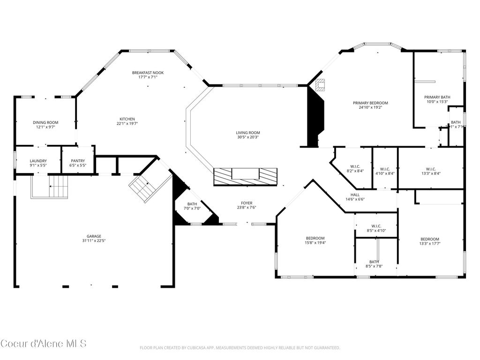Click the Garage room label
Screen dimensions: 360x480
tap(94, 236)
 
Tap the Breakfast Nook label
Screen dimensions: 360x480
tap(148, 73)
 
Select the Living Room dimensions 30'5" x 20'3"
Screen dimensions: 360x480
tap(247, 137)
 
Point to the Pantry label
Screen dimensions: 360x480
tap(78, 161)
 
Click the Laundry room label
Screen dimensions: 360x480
tap(38, 161)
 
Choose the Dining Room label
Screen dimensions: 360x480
tap(45, 122)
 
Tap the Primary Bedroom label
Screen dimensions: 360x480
tap(370, 103)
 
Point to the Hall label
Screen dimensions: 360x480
tap(355, 195)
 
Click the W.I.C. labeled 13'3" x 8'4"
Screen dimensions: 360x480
tap(431, 169)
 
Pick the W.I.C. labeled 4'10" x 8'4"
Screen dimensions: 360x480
tap(385, 169)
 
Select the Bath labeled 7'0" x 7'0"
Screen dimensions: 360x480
tap(192, 204)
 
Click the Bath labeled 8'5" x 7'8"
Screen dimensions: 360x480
tap(374, 262)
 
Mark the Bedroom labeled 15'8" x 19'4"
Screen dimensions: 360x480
tap(315, 238)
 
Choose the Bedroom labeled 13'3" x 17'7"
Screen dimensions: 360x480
tap(429, 239)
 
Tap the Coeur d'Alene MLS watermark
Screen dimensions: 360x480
tap(43, 344)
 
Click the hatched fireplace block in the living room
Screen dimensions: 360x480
tap(245, 176)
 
